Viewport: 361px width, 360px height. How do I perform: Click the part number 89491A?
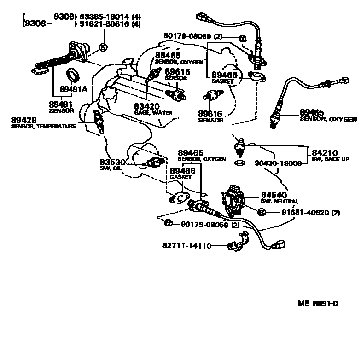pyautogui.click(x=74, y=88)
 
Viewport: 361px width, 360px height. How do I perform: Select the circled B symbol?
pyautogui.click(x=261, y=212)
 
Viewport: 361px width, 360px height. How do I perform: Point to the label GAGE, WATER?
pyautogui.click(x=153, y=112)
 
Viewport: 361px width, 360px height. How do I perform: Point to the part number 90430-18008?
pyautogui.click(x=272, y=163)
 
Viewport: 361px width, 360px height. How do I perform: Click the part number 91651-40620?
pyautogui.click(x=299, y=213)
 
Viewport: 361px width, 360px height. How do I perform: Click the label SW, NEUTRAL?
pyautogui.click(x=280, y=201)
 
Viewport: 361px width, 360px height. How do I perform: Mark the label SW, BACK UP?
pyautogui.click(x=330, y=159)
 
